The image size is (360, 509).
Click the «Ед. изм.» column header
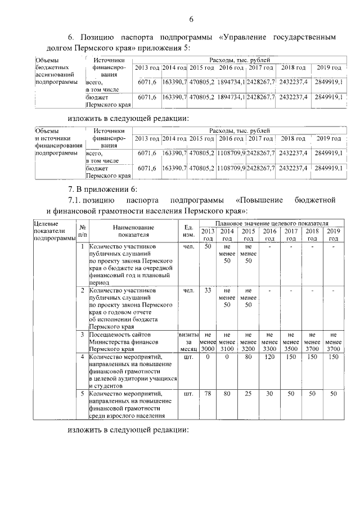pos(188,230)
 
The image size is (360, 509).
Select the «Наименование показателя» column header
pos(133,230)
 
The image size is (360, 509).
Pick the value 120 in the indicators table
pos(270,356)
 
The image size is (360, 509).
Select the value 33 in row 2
pos(208,290)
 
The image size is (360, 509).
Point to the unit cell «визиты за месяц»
pos(188,341)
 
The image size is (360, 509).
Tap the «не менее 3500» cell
pos(291,341)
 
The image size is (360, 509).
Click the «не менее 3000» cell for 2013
pos(208,341)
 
